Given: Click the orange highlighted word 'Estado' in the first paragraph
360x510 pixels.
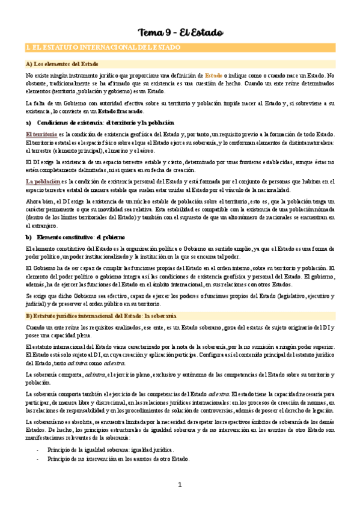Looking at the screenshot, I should pos(214,75).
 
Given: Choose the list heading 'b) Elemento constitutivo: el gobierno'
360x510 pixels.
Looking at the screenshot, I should pos(78,237).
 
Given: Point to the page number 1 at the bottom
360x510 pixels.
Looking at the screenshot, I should pos(179,485).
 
